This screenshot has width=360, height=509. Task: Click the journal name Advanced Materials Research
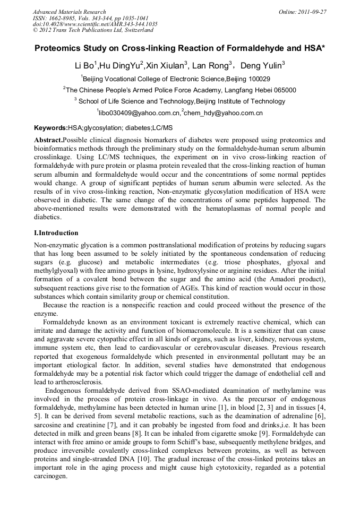(69, 12)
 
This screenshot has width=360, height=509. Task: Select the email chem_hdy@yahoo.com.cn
(224, 113)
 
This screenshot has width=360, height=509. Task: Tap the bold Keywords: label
(51, 128)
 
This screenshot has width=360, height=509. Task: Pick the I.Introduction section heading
(56, 233)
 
